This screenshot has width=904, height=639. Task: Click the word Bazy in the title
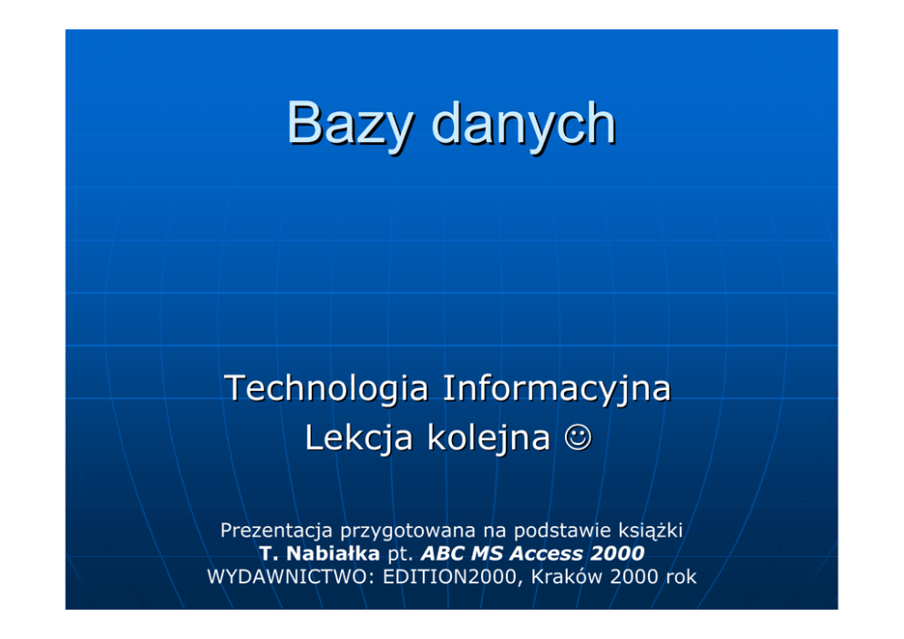point(349,125)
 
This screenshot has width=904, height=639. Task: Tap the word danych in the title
point(523,123)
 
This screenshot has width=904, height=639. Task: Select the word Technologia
point(326,389)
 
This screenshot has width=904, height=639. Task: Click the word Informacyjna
point(557,389)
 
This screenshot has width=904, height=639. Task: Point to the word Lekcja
point(359,438)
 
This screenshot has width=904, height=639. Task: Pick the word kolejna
point(488,438)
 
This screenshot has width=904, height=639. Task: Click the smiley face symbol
point(578,438)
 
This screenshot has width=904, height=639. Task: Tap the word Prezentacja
point(276,531)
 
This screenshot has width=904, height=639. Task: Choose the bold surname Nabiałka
point(333,553)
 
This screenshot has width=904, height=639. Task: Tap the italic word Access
point(545,553)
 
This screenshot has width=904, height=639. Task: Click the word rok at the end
point(681,577)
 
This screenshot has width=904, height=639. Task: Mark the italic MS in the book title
point(487,553)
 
